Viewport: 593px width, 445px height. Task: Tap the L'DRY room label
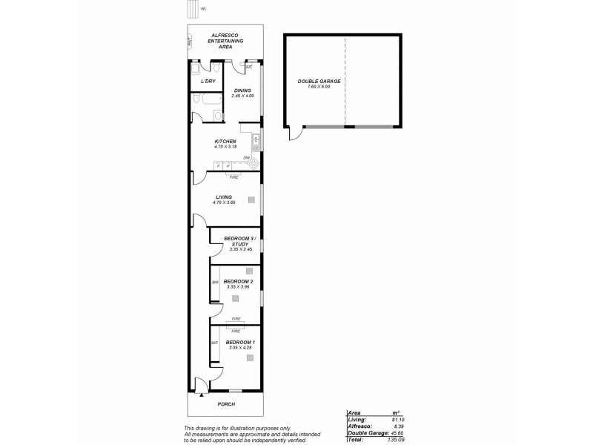[208, 81]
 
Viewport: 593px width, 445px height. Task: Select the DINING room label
[242, 90]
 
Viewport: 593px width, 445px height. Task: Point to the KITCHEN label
[225, 141]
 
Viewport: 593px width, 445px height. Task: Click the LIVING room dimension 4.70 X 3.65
[224, 202]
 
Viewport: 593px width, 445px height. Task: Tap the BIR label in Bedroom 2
[215, 283]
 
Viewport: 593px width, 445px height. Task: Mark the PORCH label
[225, 404]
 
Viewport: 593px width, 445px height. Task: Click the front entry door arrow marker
[201, 395]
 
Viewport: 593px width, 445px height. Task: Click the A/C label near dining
[249, 67]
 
